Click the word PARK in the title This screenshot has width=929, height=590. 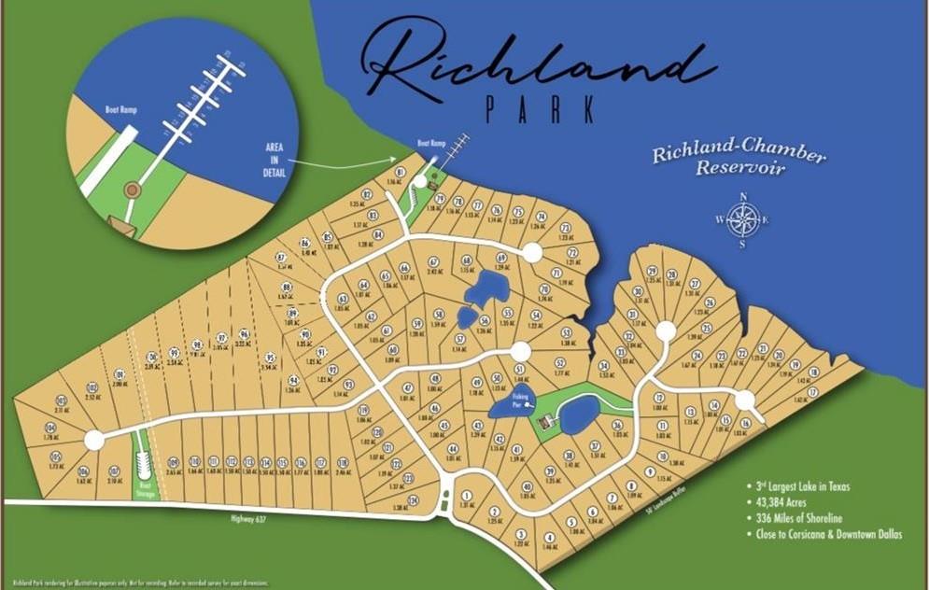point(540,108)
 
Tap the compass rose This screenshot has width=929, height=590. point(743,220)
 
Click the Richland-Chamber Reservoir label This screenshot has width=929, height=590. point(725,160)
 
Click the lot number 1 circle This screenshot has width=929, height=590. point(465,496)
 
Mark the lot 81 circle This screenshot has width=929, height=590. point(400,173)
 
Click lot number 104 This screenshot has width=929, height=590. point(50,428)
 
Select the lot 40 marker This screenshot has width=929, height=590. point(527,486)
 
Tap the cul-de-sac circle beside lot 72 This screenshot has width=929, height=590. point(532,252)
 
